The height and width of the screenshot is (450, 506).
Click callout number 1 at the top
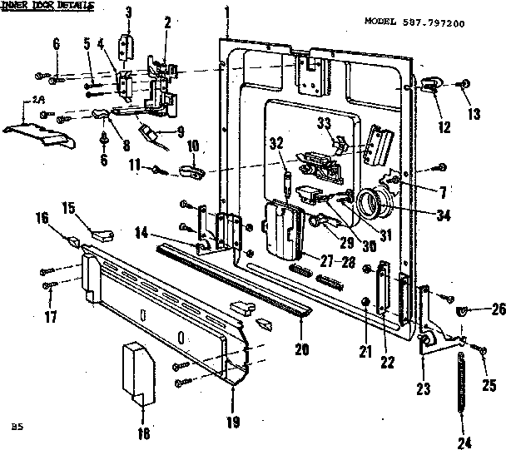tap(226, 12)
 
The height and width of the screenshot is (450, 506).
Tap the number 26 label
tap(497, 310)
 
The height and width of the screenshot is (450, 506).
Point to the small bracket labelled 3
tap(127, 43)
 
